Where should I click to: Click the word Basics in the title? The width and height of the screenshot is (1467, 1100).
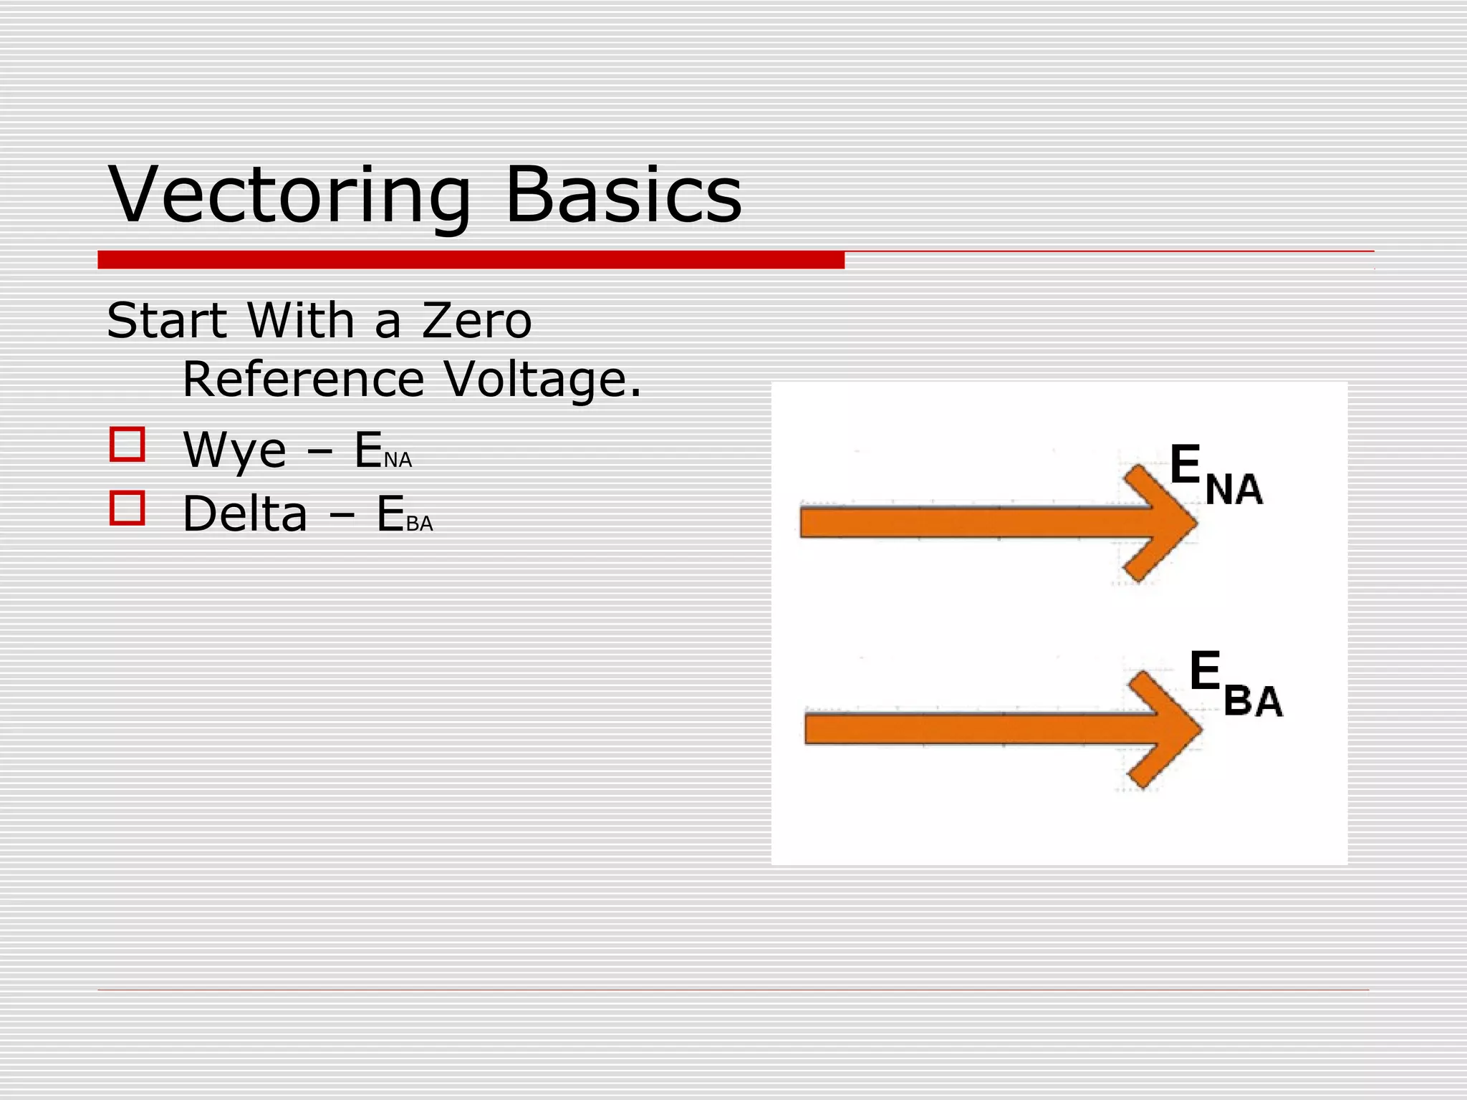(623, 195)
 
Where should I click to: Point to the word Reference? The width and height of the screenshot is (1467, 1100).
(304, 379)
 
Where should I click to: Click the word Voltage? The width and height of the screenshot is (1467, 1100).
(542, 380)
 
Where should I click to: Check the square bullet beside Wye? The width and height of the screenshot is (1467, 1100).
(128, 445)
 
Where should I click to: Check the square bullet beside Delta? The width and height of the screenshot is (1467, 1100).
(128, 508)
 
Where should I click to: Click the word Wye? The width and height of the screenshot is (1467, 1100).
(234, 450)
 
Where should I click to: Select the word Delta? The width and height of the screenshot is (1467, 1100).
(245, 514)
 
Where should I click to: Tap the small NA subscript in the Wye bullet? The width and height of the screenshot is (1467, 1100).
(398, 460)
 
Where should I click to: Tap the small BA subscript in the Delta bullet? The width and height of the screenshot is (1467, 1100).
(420, 524)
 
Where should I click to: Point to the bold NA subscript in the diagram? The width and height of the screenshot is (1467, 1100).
(1233, 491)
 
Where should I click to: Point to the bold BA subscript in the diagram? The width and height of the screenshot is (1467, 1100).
(1253, 702)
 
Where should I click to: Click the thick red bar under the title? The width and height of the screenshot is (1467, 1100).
(471, 260)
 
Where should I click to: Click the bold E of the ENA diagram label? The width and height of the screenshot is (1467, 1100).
(1185, 464)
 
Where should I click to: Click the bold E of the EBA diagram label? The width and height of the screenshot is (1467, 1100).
(1205, 671)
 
